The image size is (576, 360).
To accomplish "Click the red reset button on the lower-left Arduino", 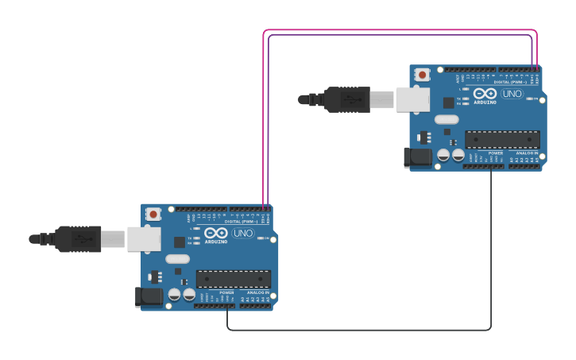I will tap(153, 214).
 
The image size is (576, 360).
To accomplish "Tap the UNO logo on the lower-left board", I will tap(243, 233).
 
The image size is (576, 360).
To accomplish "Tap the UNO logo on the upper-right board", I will tap(512, 94).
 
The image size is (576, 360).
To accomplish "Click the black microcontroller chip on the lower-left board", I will tap(234, 279).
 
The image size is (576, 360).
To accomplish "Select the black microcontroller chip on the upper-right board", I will tap(502, 139).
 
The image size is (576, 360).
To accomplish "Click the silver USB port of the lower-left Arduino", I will tap(144, 238).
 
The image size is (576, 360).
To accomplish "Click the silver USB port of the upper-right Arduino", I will tap(412, 99).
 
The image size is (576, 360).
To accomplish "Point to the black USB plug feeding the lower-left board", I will tap(79, 238).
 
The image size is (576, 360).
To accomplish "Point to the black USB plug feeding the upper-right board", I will tap(347, 99).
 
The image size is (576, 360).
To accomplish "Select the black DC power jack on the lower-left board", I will tap(149, 297).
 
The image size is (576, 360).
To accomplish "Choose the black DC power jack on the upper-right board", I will tap(417, 157).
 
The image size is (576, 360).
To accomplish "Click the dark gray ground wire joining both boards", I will tap(358, 330).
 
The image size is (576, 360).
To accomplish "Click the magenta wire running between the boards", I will tap(397, 30).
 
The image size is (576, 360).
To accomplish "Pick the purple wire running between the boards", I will tap(397, 36).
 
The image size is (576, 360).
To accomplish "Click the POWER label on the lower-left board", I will tap(226, 292).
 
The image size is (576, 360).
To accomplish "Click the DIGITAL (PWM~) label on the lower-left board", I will tap(242, 222).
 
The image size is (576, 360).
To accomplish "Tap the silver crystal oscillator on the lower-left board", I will tap(177, 258).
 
